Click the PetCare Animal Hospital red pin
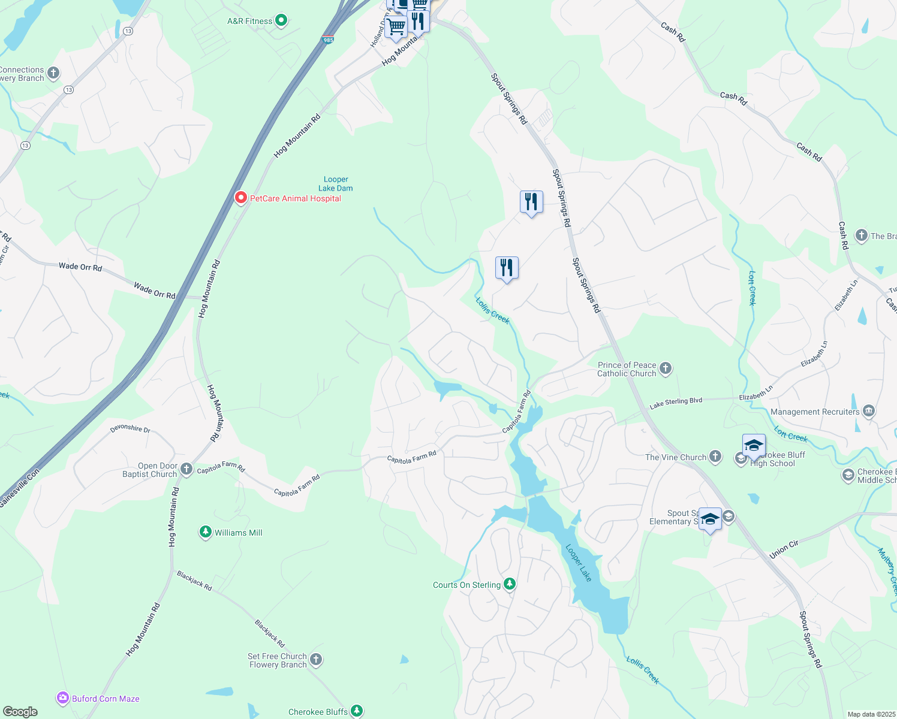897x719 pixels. coord(241,197)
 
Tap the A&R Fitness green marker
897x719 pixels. coord(281,21)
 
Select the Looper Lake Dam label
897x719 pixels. coord(336,184)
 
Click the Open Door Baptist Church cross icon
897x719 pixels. coord(186,469)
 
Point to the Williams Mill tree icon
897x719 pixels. coord(206,532)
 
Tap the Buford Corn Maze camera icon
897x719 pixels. coord(63,698)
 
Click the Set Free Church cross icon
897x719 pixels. coord(316,660)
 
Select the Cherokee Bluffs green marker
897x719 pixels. coord(357,711)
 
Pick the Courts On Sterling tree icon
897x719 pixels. coord(510,584)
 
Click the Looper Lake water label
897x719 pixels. coord(579,563)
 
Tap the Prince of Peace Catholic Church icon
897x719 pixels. coord(666,368)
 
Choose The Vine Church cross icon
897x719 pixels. coord(715,457)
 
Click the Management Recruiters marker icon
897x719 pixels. coord(869,411)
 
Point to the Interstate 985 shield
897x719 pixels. coord(327,40)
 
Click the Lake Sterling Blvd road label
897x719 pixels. coord(676,403)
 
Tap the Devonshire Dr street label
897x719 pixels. coord(130,429)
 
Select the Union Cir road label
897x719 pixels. coord(784,549)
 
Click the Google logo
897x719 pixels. coord(20,712)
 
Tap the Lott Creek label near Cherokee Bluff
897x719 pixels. coord(790,434)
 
